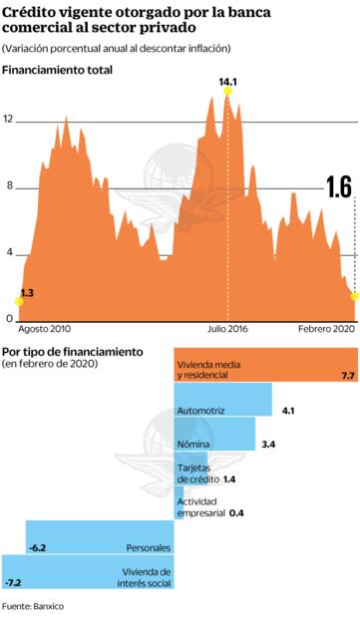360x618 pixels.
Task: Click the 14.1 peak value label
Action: (x=228, y=81)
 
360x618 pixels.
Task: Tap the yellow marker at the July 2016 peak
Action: (x=228, y=91)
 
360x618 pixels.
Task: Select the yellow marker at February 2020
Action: (x=354, y=295)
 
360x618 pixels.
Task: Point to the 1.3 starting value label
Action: (x=27, y=292)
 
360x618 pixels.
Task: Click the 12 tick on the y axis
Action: (x=8, y=120)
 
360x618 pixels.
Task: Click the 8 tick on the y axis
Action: (x=8, y=186)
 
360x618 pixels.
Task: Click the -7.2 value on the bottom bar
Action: (x=13, y=581)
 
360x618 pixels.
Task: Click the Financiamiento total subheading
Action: (x=57, y=70)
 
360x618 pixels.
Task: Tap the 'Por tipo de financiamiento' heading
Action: (x=72, y=352)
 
